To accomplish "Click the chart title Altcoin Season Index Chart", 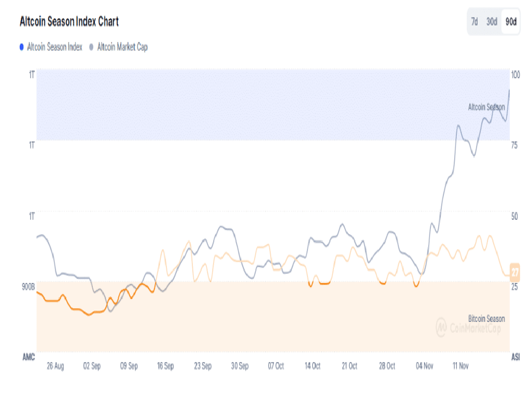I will [x=69, y=22].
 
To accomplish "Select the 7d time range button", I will [x=474, y=22].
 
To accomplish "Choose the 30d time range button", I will [x=492, y=22].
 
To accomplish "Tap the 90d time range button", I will [x=511, y=22].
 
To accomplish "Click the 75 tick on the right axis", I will [x=515, y=145].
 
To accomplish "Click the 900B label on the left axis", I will [x=27, y=287].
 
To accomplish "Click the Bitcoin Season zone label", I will [x=486, y=319].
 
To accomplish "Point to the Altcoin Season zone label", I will [x=486, y=107].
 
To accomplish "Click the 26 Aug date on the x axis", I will [x=55, y=366].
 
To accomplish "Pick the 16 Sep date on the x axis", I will [x=165, y=366].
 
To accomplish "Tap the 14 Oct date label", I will [x=313, y=366].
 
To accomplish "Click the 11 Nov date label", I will [x=460, y=366].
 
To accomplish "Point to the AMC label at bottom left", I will [x=29, y=358].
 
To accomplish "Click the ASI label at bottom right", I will [x=516, y=358].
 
